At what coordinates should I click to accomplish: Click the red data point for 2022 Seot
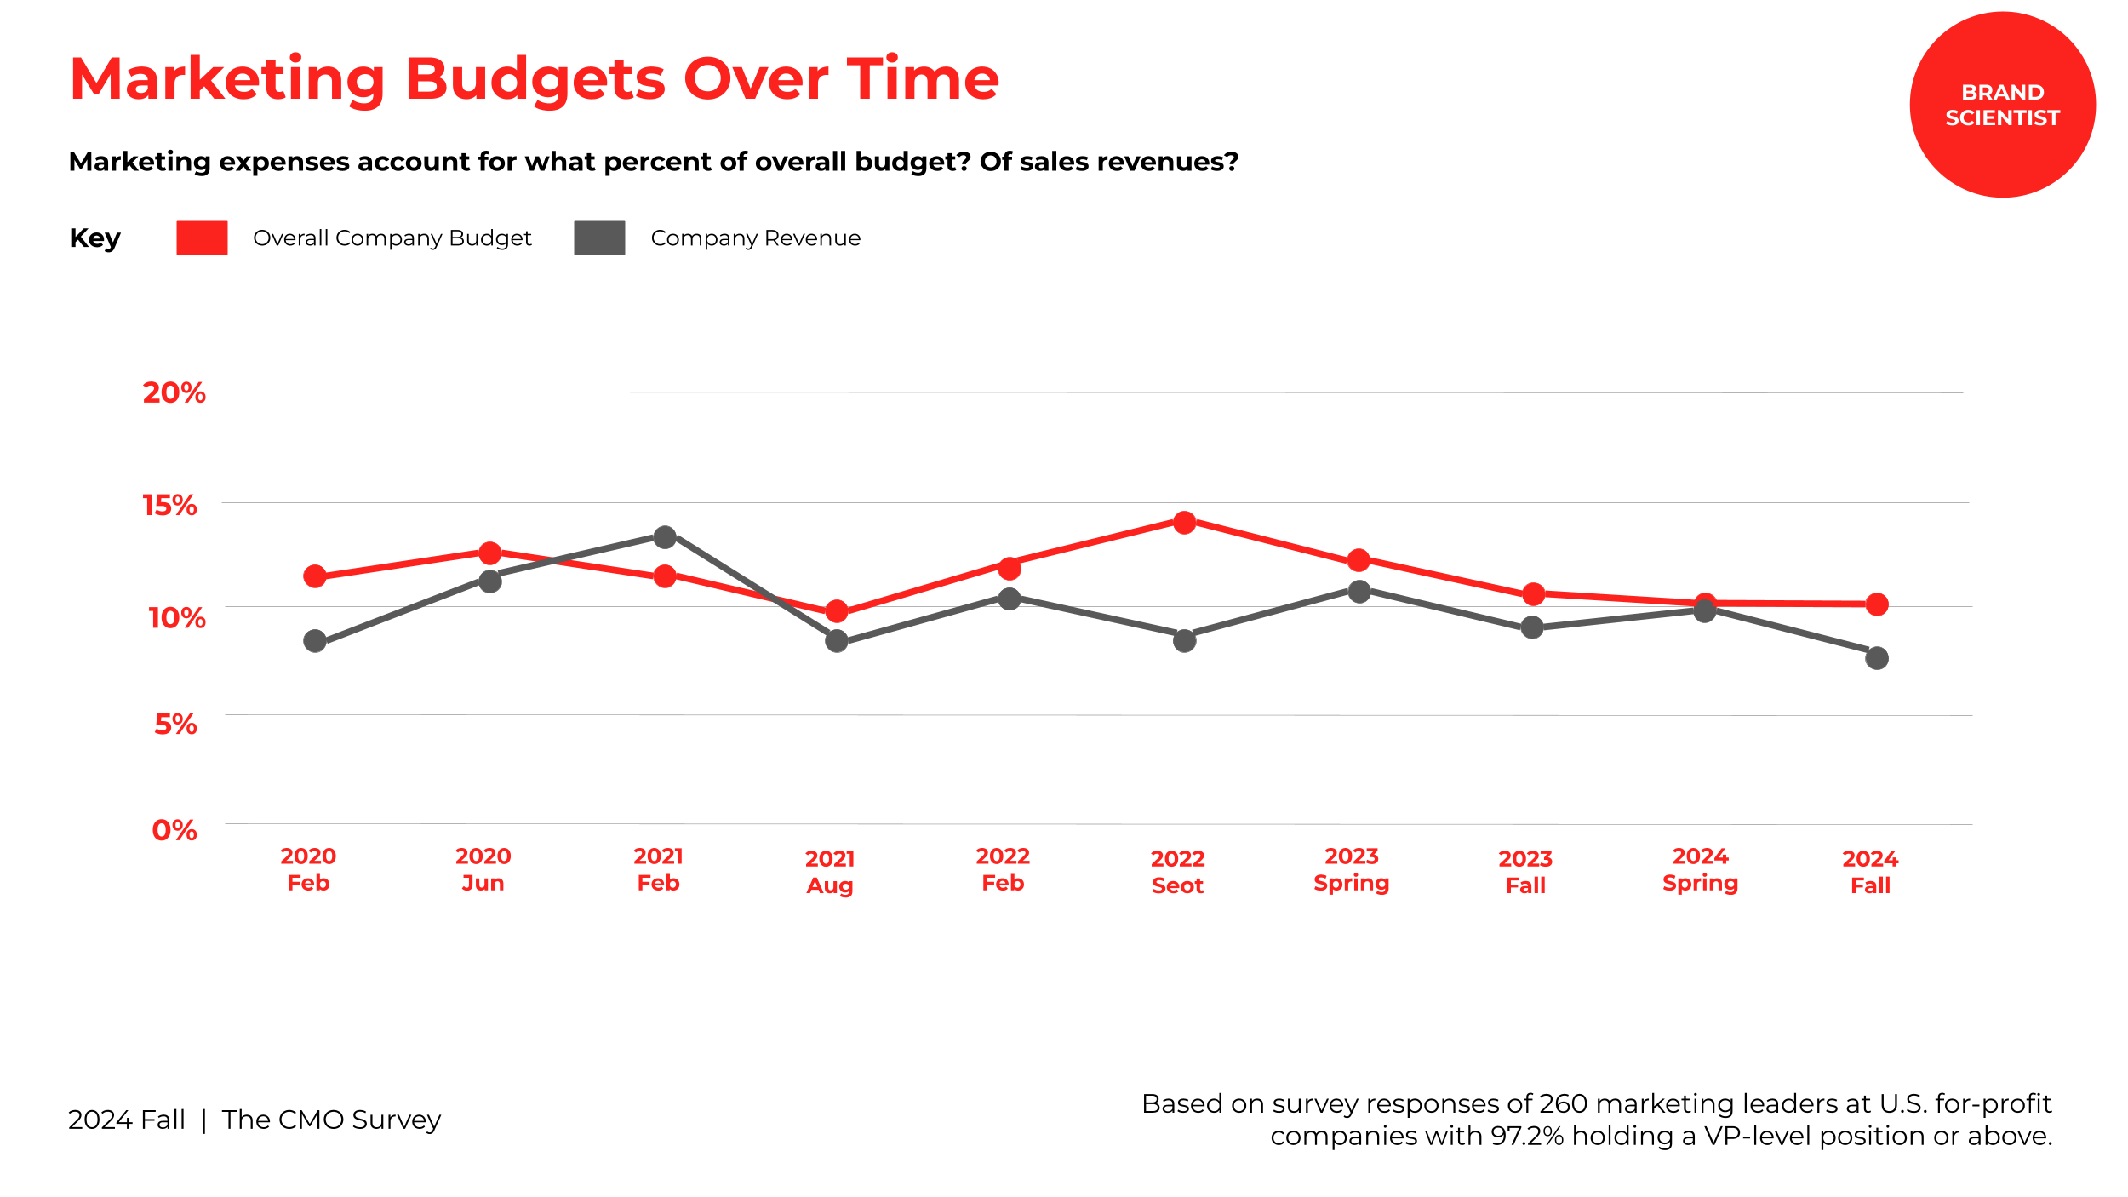tap(1184, 522)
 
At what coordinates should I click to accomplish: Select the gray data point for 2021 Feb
tap(665, 537)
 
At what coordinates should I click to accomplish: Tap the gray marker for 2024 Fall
tap(1877, 658)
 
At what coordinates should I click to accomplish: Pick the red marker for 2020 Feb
tap(315, 576)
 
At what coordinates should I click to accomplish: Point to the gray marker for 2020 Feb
tap(315, 641)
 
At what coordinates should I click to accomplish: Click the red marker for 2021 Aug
tap(837, 611)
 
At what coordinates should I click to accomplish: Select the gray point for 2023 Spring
tap(1359, 591)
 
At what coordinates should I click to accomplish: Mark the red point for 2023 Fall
tap(1533, 593)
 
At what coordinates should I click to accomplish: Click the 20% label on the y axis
tap(174, 392)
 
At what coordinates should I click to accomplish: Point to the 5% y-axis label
tap(175, 724)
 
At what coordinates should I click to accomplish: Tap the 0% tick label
tap(174, 830)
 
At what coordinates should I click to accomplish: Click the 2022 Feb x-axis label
tap(1003, 869)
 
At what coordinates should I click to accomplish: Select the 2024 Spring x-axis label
tap(1700, 869)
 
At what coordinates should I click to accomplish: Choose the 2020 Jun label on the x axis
tap(483, 869)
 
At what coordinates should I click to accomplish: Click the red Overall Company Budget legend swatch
tap(202, 238)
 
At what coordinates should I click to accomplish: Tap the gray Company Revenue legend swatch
tap(599, 238)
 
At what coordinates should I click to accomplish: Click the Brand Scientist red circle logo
tap(2002, 105)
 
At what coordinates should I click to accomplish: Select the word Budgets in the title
tap(535, 79)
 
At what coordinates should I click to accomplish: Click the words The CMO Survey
tap(331, 1120)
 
